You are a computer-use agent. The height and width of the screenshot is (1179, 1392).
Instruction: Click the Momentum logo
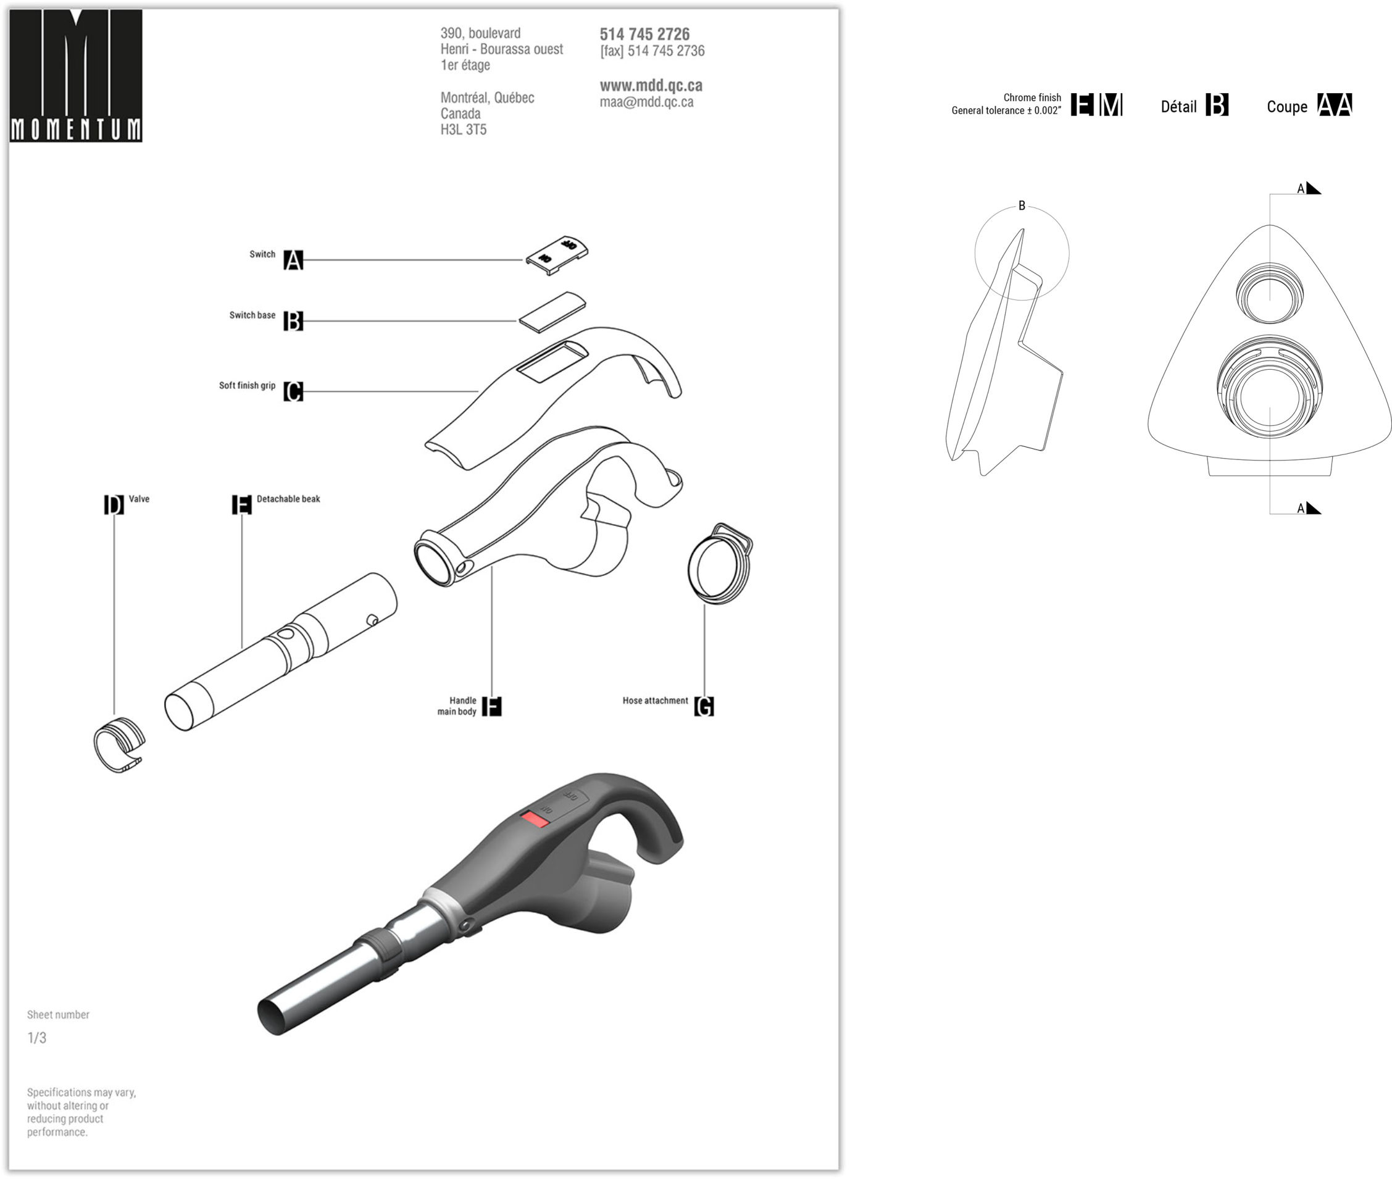tap(75, 75)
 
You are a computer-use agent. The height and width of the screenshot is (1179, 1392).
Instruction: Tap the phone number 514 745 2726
tap(644, 34)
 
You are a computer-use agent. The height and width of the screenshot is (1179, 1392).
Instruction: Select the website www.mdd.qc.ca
tap(650, 86)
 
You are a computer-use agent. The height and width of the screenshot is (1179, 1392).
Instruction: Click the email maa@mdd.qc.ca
tap(646, 102)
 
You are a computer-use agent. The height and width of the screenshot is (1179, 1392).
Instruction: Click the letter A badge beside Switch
tap(293, 260)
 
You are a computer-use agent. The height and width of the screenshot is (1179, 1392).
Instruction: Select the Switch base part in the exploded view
tap(552, 312)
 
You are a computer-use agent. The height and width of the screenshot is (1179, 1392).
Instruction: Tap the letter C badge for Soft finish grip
tap(293, 392)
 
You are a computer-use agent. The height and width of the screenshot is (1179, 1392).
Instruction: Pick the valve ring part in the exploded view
tap(119, 745)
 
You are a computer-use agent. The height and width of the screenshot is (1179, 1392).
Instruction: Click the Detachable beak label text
tap(288, 499)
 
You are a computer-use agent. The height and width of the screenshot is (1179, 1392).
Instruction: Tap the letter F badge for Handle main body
tap(491, 706)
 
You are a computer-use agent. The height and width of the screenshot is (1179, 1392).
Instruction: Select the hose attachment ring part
tap(720, 564)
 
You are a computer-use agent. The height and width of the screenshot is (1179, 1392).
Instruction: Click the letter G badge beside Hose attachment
tap(704, 706)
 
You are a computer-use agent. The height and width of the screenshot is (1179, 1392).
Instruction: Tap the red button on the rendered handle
tap(535, 819)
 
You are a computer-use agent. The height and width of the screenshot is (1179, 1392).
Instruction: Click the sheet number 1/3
tap(37, 1038)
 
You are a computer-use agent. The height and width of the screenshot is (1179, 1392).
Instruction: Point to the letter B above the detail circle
tap(1021, 206)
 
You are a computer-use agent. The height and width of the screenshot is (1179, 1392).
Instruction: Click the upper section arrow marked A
tap(1312, 188)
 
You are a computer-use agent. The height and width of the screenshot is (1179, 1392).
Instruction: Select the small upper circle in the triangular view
tap(1269, 293)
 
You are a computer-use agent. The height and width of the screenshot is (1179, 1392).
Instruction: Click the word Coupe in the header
tap(1286, 107)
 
